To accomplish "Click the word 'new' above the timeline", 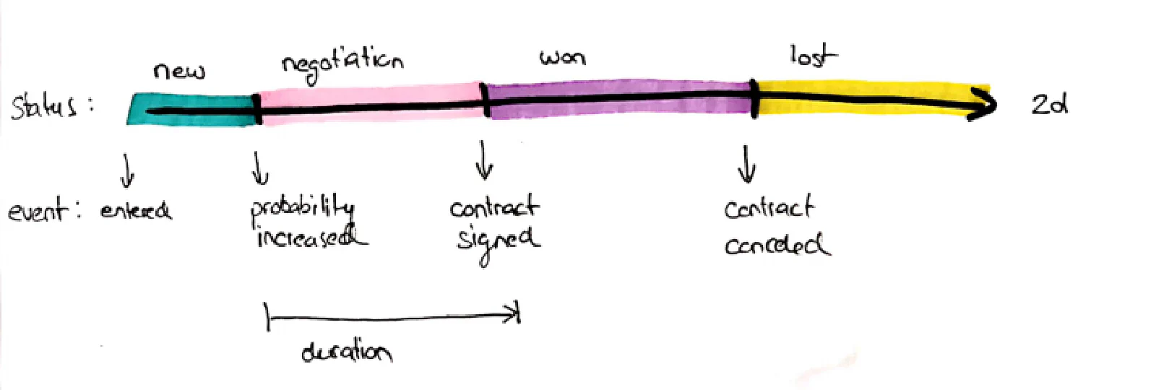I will click(x=178, y=71).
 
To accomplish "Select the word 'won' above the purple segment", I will click(x=562, y=58).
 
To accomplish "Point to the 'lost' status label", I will click(x=813, y=56).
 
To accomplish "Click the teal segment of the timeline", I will click(x=191, y=110).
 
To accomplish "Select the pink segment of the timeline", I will click(x=368, y=105).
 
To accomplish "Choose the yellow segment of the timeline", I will click(x=860, y=100).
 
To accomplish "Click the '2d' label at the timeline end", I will click(x=1049, y=105).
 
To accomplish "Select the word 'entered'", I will click(x=136, y=210).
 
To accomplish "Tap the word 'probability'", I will click(x=302, y=208).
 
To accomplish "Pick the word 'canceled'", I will click(x=776, y=245).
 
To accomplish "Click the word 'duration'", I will click(x=347, y=352).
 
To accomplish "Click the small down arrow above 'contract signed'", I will click(x=483, y=160).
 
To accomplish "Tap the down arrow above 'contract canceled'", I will click(x=746, y=164).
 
